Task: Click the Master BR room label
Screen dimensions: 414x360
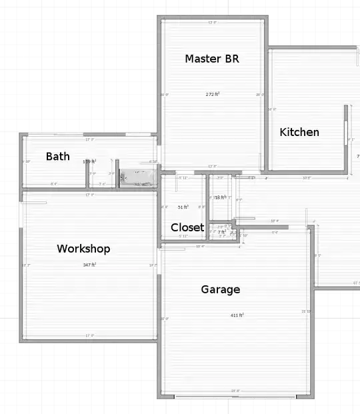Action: (x=211, y=59)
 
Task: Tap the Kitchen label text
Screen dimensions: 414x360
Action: (x=299, y=132)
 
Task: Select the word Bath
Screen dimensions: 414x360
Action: (x=57, y=157)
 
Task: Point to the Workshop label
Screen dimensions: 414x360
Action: (x=83, y=249)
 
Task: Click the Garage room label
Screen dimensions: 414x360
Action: (x=221, y=289)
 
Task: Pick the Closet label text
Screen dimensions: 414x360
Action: (x=187, y=227)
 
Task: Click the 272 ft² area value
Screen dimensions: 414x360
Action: (x=213, y=94)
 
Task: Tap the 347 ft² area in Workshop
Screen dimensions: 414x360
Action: (x=89, y=265)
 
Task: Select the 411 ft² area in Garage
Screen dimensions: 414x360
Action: (x=237, y=315)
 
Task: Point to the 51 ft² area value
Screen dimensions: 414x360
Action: (x=183, y=207)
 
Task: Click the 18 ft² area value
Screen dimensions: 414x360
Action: (x=219, y=197)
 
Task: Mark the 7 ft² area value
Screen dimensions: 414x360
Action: (x=221, y=232)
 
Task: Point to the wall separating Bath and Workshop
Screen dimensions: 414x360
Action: (x=87, y=190)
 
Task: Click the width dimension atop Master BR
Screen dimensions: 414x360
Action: (x=212, y=23)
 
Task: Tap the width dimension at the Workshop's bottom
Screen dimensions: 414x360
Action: (x=89, y=335)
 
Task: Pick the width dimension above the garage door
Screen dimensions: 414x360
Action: (x=235, y=391)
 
